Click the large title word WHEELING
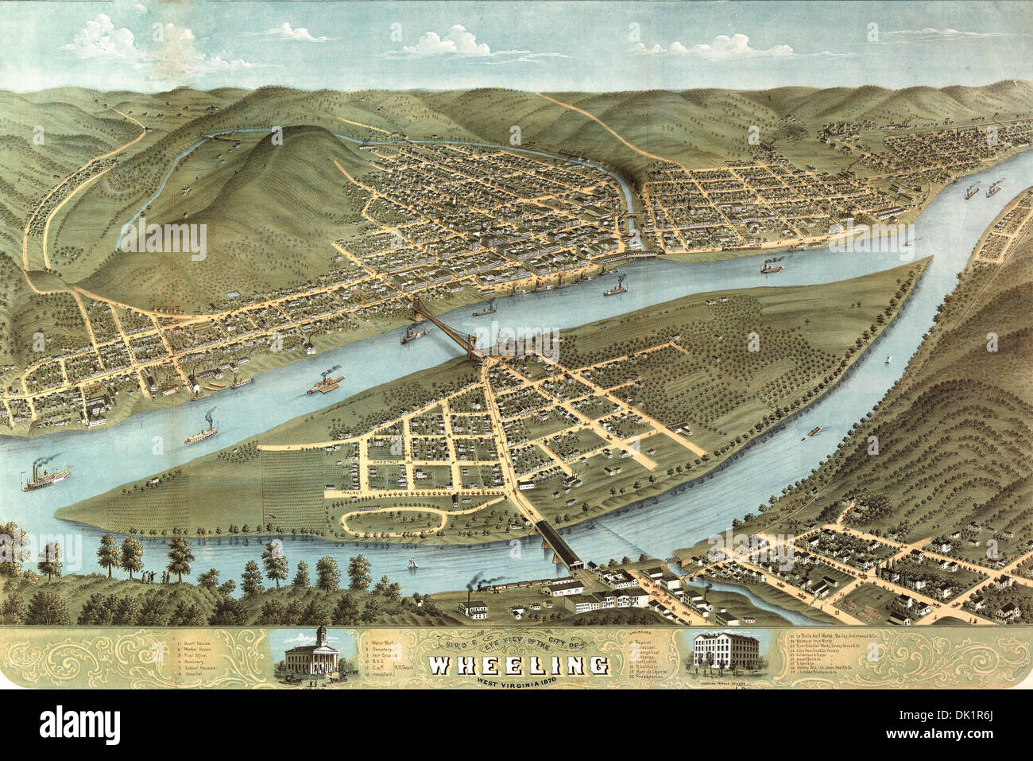(520, 665)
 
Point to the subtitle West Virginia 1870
(520, 681)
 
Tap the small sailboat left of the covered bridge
(412, 564)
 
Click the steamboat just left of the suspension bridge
(412, 336)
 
